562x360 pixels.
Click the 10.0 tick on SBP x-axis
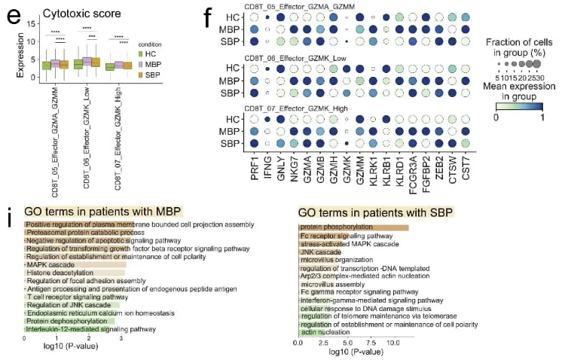(392, 343)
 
